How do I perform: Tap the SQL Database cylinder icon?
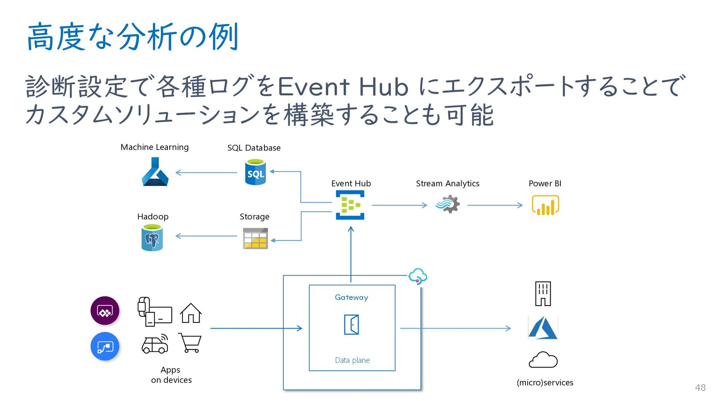255,172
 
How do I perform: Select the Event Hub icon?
350,205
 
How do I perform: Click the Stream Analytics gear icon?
448,204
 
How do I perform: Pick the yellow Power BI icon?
545,205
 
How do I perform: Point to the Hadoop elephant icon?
152,238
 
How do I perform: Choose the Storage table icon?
255,239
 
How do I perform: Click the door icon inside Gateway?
351,325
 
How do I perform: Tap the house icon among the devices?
191,313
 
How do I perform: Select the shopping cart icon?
190,342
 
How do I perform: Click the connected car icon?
155,344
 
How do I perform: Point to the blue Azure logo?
543,328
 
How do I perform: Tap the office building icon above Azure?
543,294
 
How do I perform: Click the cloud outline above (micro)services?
543,360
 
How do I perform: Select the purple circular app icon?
105,311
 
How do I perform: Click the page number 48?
700,388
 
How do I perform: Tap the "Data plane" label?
352,360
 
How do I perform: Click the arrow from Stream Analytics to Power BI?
495,205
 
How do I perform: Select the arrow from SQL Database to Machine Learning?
206,172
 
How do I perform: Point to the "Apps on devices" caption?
171,375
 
